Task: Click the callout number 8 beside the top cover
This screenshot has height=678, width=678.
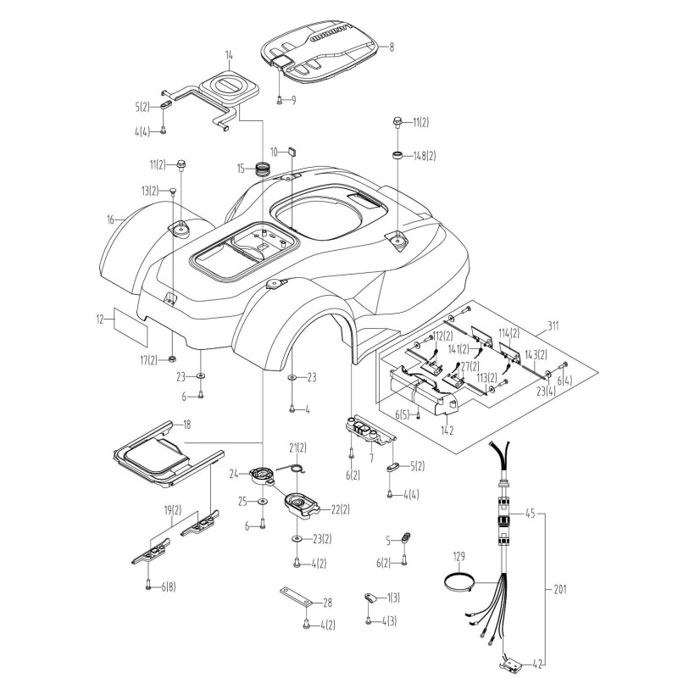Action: coord(392,48)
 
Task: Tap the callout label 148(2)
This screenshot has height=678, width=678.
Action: coord(424,156)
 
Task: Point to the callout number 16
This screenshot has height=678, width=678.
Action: coord(110,220)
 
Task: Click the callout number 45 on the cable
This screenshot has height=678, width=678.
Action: coord(530,513)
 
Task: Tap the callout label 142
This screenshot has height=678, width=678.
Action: coord(447,430)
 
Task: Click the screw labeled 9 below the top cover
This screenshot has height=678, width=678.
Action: coord(280,100)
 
